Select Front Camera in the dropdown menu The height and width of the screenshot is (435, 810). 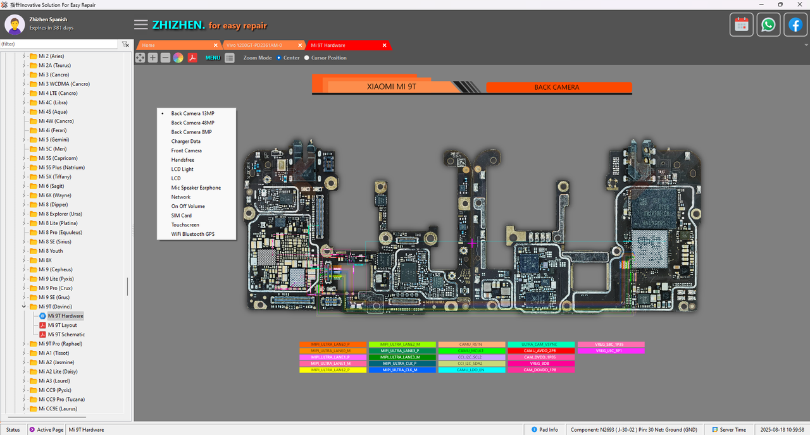(x=186, y=150)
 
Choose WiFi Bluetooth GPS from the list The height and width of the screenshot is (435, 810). (x=192, y=234)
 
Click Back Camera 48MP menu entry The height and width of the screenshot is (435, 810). (x=192, y=123)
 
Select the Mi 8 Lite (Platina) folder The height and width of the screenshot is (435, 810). (x=58, y=223)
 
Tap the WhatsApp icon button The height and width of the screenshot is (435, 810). (x=768, y=25)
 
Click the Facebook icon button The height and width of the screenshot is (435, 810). (x=795, y=25)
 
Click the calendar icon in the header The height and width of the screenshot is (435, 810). (x=742, y=25)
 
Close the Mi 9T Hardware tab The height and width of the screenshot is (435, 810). (x=384, y=46)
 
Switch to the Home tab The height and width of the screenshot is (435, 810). (x=149, y=46)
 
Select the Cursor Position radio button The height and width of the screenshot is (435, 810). (x=307, y=58)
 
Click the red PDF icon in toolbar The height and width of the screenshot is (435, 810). (x=192, y=58)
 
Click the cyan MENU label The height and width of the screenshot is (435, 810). (x=213, y=58)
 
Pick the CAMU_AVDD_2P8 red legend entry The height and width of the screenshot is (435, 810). (x=541, y=351)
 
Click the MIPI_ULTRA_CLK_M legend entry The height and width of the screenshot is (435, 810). (x=402, y=370)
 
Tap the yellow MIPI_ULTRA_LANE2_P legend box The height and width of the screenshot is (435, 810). (x=333, y=370)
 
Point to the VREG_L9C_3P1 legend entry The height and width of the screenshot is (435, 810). (x=611, y=351)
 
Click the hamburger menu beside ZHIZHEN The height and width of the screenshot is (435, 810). (x=141, y=25)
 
